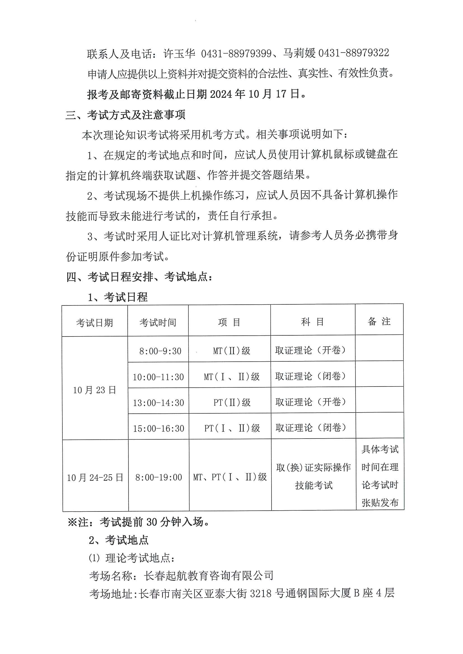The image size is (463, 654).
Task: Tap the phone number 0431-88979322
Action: tap(354, 53)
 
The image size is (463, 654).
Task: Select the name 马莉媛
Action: tap(299, 53)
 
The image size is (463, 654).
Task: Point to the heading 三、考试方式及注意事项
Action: tap(125, 115)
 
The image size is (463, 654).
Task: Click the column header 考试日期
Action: tap(94, 323)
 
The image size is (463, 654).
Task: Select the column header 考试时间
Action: tap(158, 323)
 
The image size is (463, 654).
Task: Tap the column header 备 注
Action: tap(379, 321)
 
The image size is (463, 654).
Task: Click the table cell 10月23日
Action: tap(94, 390)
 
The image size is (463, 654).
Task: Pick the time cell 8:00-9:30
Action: tap(160, 351)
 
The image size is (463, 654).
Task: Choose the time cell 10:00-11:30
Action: tap(158, 377)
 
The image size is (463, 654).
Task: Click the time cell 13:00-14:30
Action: tap(158, 402)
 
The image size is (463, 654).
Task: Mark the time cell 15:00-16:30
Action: tap(158, 428)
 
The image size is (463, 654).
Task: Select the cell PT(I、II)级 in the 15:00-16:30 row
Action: tap(232, 428)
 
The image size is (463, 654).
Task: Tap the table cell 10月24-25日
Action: tap(95, 477)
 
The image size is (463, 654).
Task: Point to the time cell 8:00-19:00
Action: tap(159, 477)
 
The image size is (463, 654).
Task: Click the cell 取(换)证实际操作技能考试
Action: tap(314, 476)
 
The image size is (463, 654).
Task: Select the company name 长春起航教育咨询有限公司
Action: tap(209, 576)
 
